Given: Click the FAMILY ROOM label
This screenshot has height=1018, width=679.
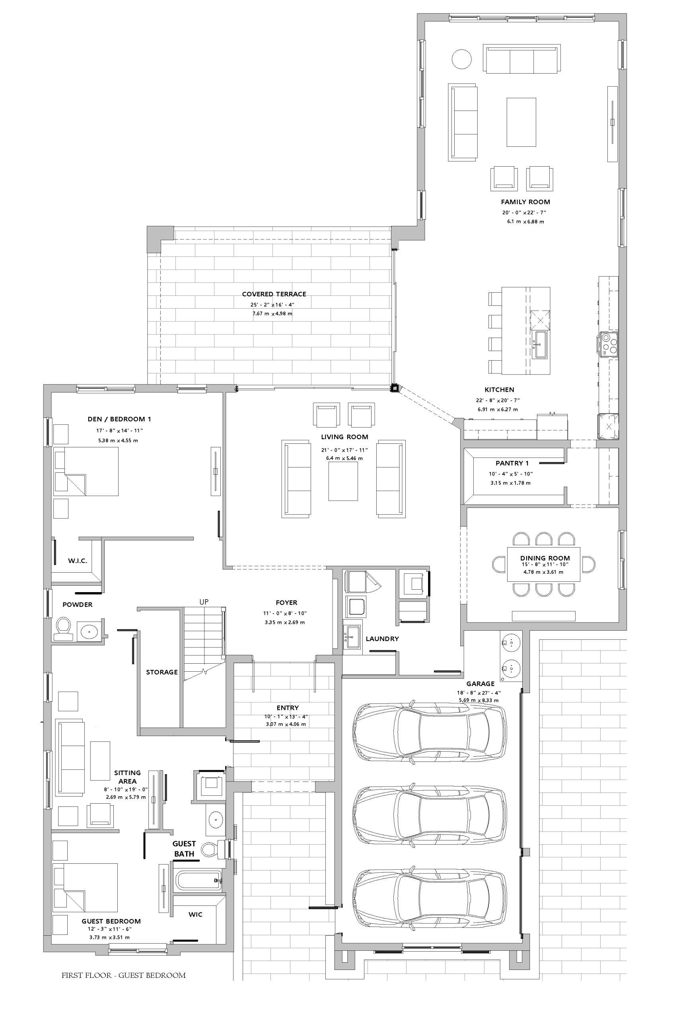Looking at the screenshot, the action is [x=525, y=202].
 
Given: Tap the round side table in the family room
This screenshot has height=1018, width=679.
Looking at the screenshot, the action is [x=461, y=58].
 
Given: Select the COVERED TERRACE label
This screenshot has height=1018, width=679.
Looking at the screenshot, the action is [x=274, y=294].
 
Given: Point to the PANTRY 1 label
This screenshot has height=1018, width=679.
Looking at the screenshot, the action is [x=512, y=463].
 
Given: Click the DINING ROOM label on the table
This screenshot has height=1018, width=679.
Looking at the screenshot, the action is [x=545, y=558].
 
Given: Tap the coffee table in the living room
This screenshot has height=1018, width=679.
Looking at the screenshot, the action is [x=343, y=481].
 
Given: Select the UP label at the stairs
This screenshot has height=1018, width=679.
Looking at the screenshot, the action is [x=204, y=602].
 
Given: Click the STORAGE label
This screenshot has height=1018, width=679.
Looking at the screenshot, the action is [x=161, y=672].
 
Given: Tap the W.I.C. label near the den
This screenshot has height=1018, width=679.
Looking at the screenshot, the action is [x=78, y=561].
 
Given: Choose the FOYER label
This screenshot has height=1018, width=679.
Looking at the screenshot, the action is [x=286, y=602].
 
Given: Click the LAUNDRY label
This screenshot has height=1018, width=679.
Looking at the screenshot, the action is [x=382, y=638].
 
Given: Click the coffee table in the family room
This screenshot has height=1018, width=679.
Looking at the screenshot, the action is [x=521, y=122].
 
